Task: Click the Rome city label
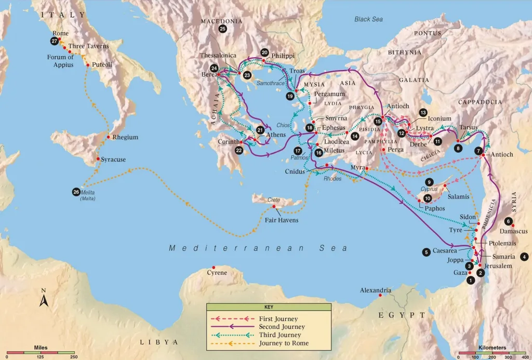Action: point(61,33)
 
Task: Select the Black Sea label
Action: point(368,19)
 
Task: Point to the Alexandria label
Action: point(375,290)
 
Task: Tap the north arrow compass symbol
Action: point(44,298)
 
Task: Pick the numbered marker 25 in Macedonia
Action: point(223,29)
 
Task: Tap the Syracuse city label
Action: point(113,159)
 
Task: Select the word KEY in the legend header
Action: point(269,307)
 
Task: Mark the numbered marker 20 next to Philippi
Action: point(264,53)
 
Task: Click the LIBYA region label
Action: point(159,342)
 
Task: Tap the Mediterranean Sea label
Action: point(258,248)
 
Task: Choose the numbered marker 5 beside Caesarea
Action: point(426,252)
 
